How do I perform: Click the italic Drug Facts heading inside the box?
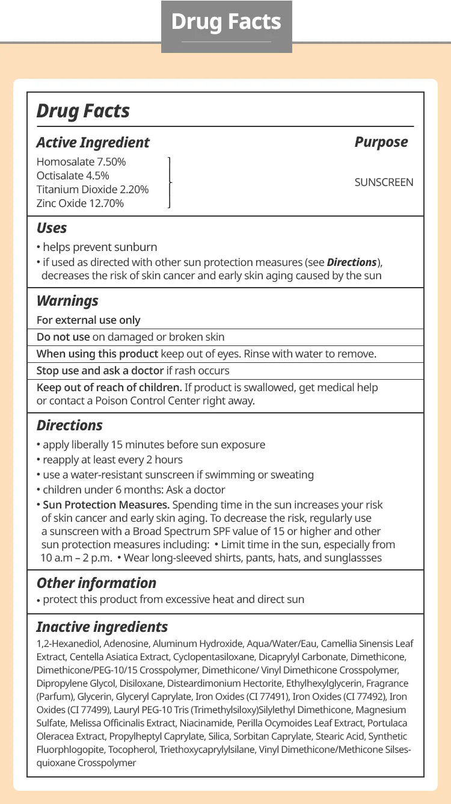[x=83, y=111]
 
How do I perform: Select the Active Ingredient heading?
[x=93, y=143]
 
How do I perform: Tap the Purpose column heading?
[x=381, y=142]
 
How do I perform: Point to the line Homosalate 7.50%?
[x=81, y=162]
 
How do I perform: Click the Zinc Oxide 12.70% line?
[x=80, y=203]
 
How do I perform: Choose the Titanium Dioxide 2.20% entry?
[x=93, y=190]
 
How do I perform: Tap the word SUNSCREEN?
[x=384, y=182]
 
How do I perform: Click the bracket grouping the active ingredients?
[x=170, y=182]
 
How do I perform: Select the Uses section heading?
[x=52, y=228]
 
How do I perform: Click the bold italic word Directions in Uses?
[x=352, y=262]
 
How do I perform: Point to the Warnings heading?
[x=67, y=301]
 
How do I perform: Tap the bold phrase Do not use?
[x=63, y=337]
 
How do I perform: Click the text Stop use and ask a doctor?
[x=100, y=371]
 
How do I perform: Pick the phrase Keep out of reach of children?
[x=109, y=388]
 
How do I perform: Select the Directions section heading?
[x=70, y=425]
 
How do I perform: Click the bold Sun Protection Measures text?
[x=106, y=505]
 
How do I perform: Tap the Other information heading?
[x=96, y=583]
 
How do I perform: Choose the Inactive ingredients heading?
[x=102, y=627]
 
